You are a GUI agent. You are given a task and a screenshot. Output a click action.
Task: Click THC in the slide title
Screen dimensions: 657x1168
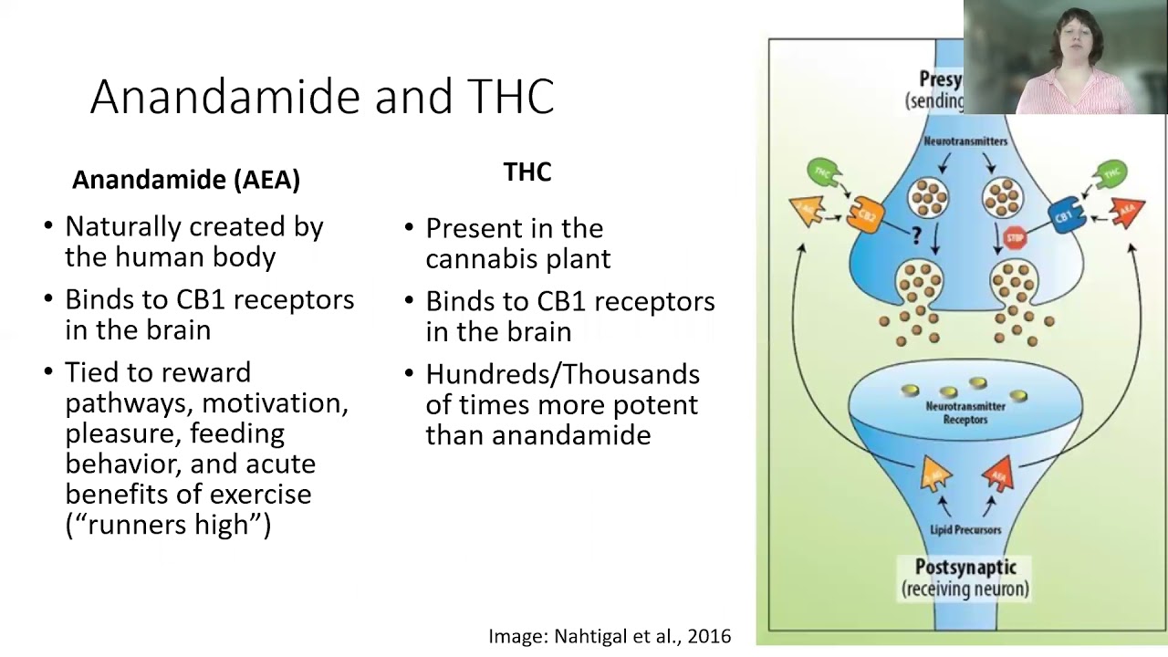(510, 97)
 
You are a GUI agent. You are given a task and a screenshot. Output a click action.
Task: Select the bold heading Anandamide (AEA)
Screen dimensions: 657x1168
(186, 179)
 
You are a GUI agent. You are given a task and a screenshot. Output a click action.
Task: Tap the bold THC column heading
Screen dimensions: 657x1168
(527, 172)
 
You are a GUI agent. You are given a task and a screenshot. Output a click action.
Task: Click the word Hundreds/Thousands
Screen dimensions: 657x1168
(562, 374)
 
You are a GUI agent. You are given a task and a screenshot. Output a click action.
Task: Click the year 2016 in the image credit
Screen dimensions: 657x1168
(709, 636)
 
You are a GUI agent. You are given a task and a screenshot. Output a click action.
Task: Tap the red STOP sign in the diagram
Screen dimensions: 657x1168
(1015, 239)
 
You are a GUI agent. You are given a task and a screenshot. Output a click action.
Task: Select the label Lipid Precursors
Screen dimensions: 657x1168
(965, 529)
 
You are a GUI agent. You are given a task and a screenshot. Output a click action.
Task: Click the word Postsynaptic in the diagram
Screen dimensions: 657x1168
(965, 568)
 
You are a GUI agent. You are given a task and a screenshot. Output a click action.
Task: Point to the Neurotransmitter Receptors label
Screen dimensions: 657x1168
(965, 412)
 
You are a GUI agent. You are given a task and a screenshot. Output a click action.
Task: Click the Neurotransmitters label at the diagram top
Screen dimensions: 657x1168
(965, 141)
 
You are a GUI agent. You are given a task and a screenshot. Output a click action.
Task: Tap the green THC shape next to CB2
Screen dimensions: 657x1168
(824, 173)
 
